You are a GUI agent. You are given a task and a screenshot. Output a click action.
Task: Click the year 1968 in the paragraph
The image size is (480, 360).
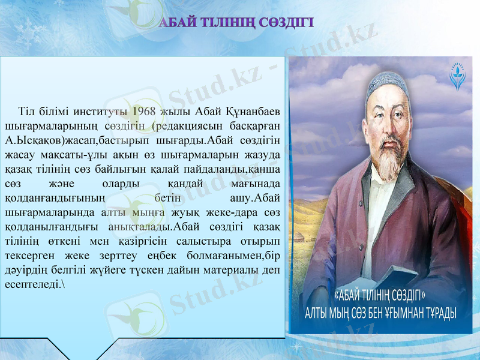(145, 112)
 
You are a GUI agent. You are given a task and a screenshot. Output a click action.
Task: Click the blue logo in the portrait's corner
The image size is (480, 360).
(458, 77)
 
